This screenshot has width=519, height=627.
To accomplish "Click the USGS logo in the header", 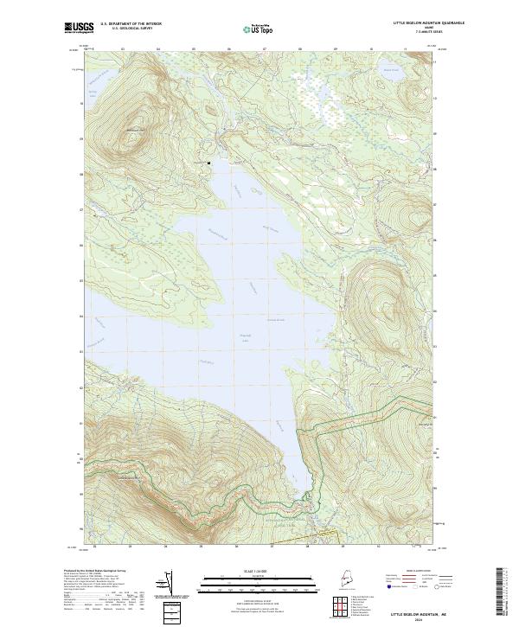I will (x=77, y=27).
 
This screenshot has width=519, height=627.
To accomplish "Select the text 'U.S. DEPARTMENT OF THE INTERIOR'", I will (x=131, y=24).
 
